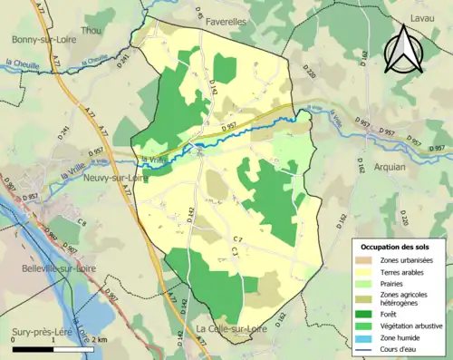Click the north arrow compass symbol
coord(402,48)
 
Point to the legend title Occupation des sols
coord(397,247)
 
